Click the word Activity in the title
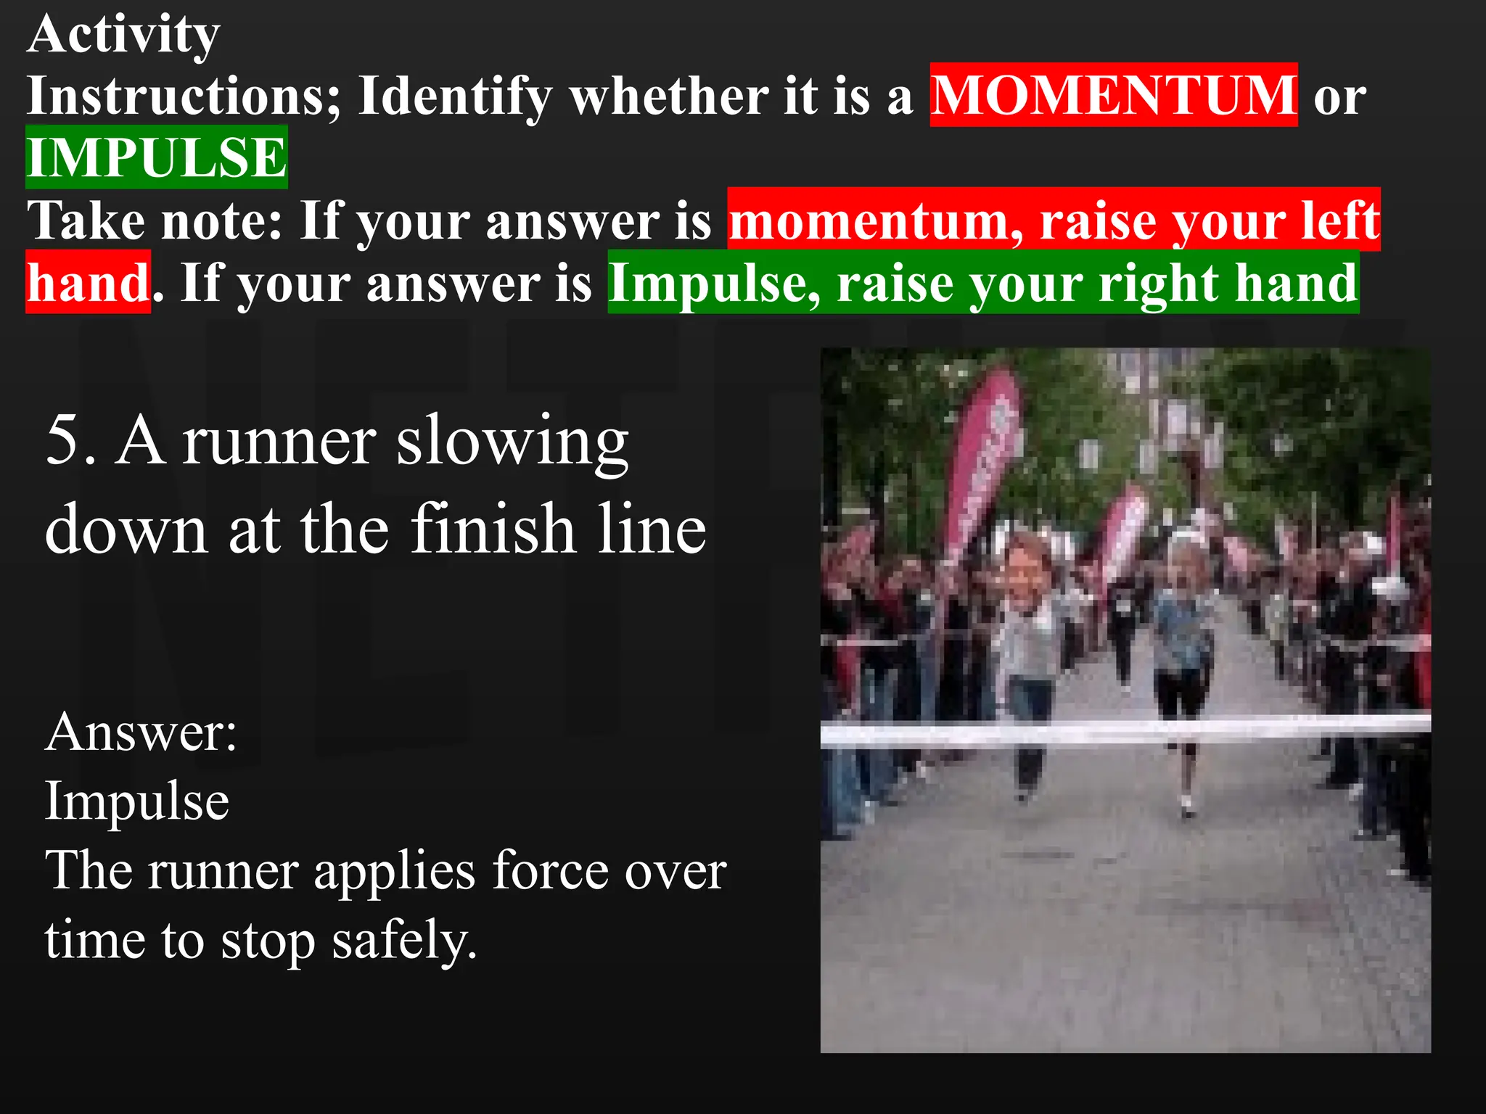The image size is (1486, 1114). point(123,35)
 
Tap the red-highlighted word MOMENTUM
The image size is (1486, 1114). point(1113,95)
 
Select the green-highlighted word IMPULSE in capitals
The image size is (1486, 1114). point(157,157)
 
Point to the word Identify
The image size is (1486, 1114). point(456,96)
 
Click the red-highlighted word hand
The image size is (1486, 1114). point(89,283)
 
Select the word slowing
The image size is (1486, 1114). point(512,441)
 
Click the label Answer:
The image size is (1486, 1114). point(141,732)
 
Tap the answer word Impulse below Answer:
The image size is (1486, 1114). point(137,801)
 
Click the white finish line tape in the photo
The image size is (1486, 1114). point(1125,731)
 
